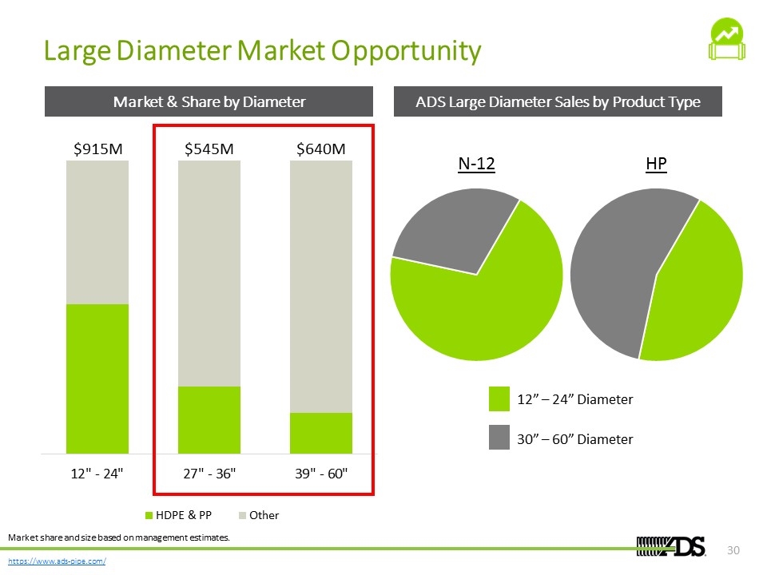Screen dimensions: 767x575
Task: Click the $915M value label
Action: pyautogui.click(x=97, y=149)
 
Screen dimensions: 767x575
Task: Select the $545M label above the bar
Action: pyautogui.click(x=209, y=149)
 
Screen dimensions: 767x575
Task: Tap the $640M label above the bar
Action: pyautogui.click(x=321, y=149)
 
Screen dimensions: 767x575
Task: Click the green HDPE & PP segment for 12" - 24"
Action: pyautogui.click(x=97, y=379)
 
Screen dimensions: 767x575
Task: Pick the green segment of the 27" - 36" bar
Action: pyautogui.click(x=209, y=420)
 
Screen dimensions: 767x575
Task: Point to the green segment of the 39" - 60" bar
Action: pyautogui.click(x=321, y=433)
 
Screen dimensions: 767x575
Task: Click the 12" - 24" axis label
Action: pyautogui.click(x=97, y=474)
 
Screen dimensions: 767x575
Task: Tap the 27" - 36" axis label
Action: pyautogui.click(x=209, y=474)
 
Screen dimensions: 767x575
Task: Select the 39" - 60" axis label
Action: pyautogui.click(x=321, y=474)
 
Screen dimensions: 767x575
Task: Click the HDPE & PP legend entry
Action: pyautogui.click(x=178, y=515)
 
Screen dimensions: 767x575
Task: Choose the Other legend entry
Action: pyautogui.click(x=259, y=515)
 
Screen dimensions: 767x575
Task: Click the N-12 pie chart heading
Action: pyautogui.click(x=476, y=163)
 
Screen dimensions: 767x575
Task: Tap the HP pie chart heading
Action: pyautogui.click(x=656, y=163)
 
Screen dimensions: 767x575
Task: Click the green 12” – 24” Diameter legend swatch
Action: pyautogui.click(x=499, y=399)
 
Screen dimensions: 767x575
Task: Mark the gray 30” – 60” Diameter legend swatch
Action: pyautogui.click(x=499, y=437)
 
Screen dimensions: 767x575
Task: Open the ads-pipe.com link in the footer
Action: pyautogui.click(x=57, y=561)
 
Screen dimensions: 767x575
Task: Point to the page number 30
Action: pyautogui.click(x=733, y=550)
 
